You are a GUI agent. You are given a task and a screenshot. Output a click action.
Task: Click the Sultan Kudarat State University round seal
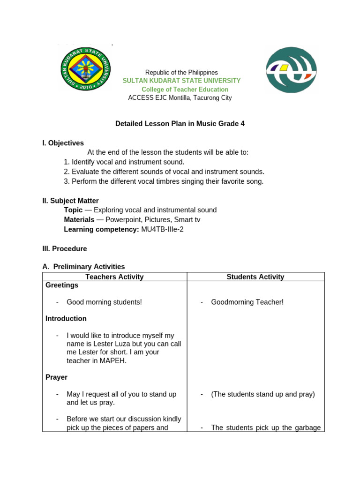pyautogui.click(x=86, y=68)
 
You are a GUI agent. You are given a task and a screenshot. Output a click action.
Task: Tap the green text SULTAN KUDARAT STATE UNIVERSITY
pyautogui.click(x=181, y=81)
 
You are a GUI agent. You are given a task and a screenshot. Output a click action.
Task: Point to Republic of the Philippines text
pyautogui.click(x=181, y=72)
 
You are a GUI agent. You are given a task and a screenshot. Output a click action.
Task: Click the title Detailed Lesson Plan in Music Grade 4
pyautogui.click(x=180, y=124)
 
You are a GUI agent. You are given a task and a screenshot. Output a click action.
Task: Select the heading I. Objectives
pyautogui.click(x=63, y=143)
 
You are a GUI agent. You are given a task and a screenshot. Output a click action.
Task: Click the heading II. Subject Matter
pyautogui.click(x=70, y=201)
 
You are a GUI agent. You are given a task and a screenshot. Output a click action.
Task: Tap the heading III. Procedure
pyautogui.click(x=64, y=248)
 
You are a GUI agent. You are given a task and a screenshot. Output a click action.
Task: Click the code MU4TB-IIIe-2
pyautogui.click(x=162, y=229)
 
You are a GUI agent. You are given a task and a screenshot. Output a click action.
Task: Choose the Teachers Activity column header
pyautogui.click(x=114, y=277)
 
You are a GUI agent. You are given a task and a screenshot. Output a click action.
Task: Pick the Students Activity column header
pyautogui.click(x=255, y=277)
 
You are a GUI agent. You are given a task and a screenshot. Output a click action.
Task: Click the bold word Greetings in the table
pyautogui.click(x=62, y=285)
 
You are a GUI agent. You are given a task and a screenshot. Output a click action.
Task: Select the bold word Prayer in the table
pyautogui.click(x=56, y=377)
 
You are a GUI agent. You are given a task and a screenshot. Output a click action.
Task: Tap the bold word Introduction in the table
pyautogui.click(x=66, y=318)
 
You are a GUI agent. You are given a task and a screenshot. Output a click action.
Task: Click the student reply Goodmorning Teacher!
pyautogui.click(x=247, y=302)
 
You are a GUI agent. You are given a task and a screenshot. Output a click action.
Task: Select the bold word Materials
pyautogui.click(x=79, y=219)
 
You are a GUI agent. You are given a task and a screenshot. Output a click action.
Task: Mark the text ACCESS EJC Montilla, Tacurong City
pyautogui.click(x=180, y=97)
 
